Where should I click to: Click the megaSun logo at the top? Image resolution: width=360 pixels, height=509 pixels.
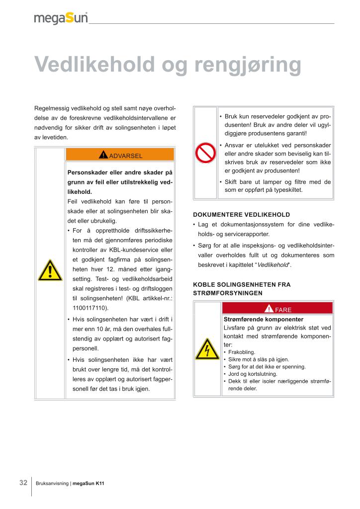pos(61,18)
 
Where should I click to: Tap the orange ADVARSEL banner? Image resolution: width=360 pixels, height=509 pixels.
pos(120,155)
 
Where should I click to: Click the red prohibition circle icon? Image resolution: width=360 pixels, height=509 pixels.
pos(205,153)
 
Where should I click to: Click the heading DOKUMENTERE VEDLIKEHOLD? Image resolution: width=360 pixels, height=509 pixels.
pos(241,215)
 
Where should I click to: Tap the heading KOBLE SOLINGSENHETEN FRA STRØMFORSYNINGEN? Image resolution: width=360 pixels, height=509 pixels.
pos(242,289)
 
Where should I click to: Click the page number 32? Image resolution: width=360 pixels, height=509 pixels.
pos(23,483)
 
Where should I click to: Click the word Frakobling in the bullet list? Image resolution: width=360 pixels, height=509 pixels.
pos(242,352)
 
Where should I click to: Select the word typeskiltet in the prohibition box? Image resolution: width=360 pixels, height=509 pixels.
pos(284,190)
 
